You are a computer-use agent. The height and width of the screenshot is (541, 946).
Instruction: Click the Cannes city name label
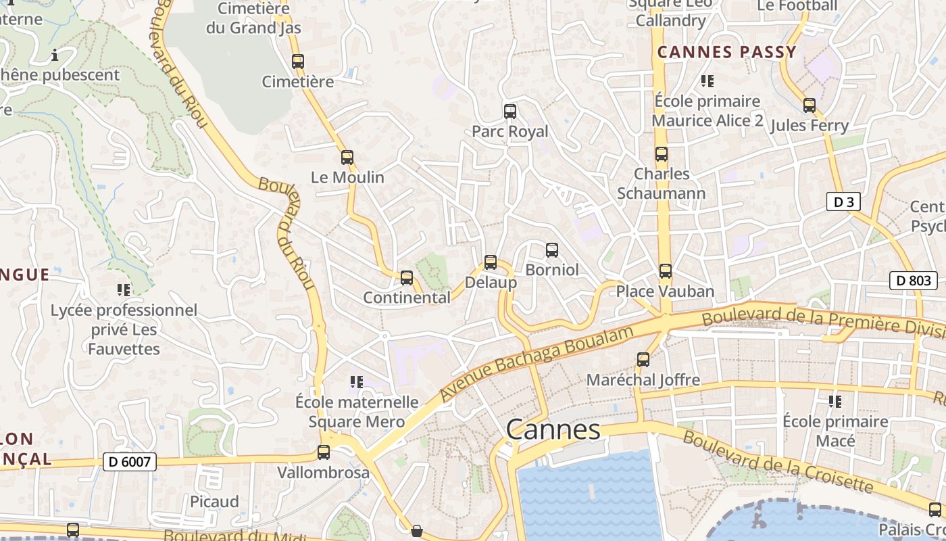553,429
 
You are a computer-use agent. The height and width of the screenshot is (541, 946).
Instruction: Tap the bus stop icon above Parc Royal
510,112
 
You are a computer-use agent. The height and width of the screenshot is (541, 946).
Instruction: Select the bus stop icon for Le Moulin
347,158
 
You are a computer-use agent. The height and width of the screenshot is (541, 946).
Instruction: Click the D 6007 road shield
130,462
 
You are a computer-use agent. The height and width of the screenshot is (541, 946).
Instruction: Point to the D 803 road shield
913,281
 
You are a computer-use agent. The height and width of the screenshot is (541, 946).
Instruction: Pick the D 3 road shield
843,202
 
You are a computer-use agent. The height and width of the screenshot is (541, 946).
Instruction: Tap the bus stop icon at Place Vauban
666,271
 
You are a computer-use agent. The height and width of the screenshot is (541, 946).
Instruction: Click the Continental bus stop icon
407,277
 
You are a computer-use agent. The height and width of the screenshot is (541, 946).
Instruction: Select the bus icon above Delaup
491,262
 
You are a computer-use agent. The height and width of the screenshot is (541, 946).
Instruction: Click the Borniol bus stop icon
552,250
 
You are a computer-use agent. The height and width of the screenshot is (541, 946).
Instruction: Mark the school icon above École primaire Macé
835,402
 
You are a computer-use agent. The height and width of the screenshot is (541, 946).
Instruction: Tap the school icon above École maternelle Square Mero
357,382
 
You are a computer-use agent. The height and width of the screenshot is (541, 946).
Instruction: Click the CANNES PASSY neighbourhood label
727,52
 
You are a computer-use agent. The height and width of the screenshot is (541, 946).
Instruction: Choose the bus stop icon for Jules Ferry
810,105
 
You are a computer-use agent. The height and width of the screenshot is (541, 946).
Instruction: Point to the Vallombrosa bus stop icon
324,452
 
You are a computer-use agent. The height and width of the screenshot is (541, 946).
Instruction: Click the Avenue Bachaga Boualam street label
537,363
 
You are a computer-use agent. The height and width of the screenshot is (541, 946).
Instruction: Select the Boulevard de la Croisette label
778,461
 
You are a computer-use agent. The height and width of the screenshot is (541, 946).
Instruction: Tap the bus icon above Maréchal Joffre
643,360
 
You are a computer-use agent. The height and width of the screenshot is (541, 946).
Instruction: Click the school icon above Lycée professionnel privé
124,290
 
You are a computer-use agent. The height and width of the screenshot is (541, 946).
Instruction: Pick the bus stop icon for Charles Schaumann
662,154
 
